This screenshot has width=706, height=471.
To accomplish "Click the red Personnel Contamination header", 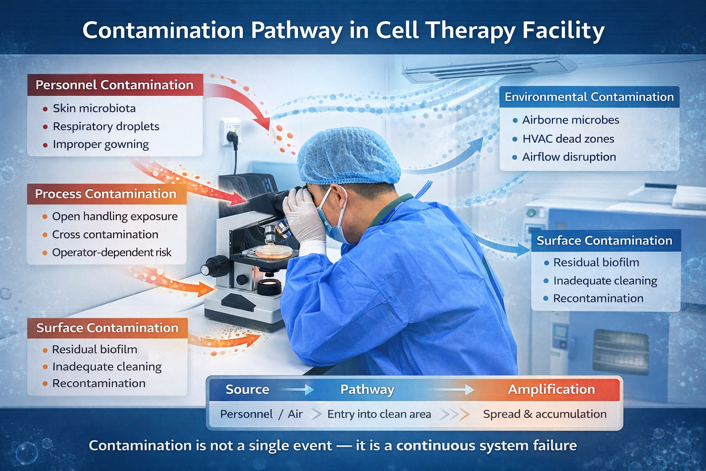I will pos(114,85).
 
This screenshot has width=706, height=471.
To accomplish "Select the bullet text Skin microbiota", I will pos(94,109).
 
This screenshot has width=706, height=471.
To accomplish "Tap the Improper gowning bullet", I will pos(101,144).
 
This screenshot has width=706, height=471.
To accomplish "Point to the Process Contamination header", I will pos(106,194).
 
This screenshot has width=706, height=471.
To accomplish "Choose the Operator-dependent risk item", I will pos(111,253).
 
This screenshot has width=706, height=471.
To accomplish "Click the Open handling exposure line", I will pos(114,217).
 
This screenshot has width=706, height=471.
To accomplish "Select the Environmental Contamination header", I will pos(589,97).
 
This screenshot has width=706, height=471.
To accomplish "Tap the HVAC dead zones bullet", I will pos(568,139).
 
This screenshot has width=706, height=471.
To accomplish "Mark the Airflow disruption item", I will pos(569,157).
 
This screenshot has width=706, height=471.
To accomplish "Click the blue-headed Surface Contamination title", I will pos(604,241).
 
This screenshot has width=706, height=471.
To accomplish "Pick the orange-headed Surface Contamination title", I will pos(107,328).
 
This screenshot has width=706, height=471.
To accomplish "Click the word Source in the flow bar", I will pos(247,390).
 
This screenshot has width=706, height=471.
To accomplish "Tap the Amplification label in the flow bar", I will pos(551,390).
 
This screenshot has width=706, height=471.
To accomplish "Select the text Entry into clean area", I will pos(379,414).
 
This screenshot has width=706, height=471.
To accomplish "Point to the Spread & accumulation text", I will pos(545,414).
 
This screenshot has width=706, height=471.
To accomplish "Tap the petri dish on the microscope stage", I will pos(273,251).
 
